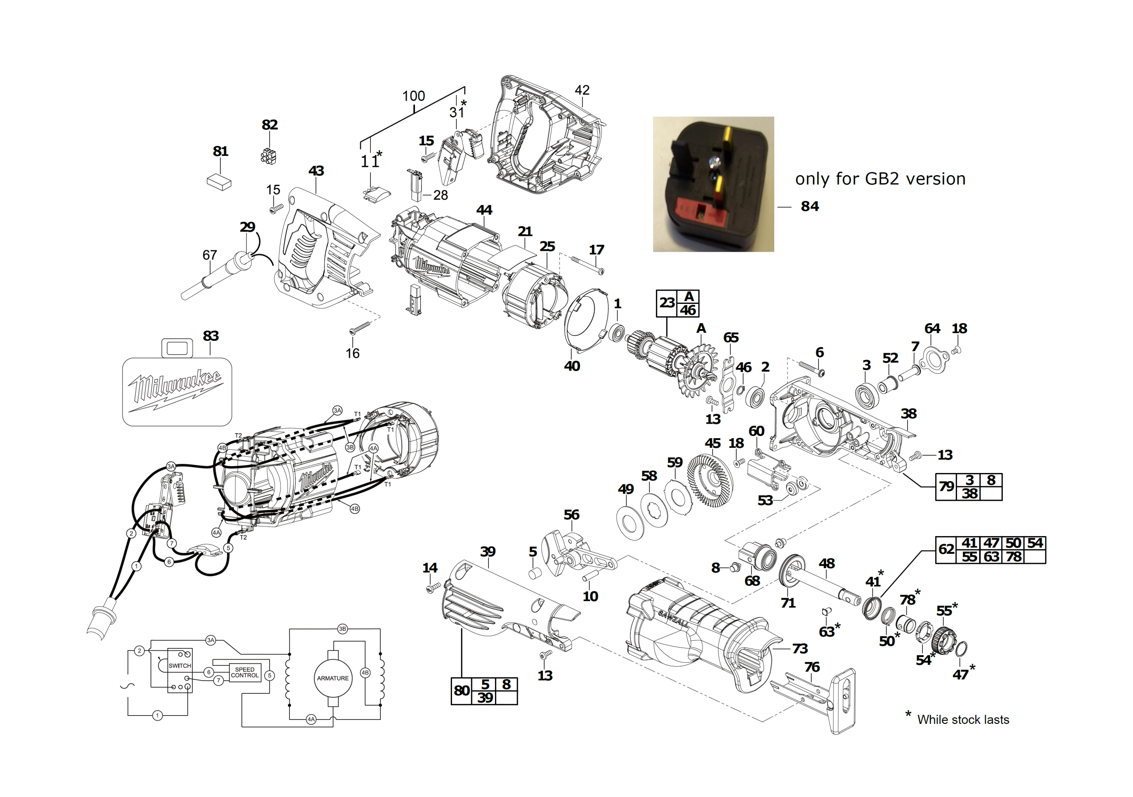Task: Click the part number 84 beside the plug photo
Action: pos(809,206)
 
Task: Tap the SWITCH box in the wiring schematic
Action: pos(180,670)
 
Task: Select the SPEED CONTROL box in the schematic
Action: pos(245,672)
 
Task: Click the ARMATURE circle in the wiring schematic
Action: pos(333,678)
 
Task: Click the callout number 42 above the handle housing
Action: pos(582,90)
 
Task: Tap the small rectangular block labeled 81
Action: pos(219,181)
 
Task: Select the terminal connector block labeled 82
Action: pos(268,156)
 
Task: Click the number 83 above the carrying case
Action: pos(211,335)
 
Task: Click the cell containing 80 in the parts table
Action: pos(462,691)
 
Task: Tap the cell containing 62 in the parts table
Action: pos(946,550)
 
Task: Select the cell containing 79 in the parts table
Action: pos(946,487)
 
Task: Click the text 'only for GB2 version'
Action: pos(880,179)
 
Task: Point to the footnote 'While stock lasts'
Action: pos(963,719)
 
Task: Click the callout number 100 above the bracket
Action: pos(414,96)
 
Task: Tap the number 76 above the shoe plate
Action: pos(812,667)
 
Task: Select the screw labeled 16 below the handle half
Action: pos(360,327)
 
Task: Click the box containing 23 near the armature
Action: pos(667,303)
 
